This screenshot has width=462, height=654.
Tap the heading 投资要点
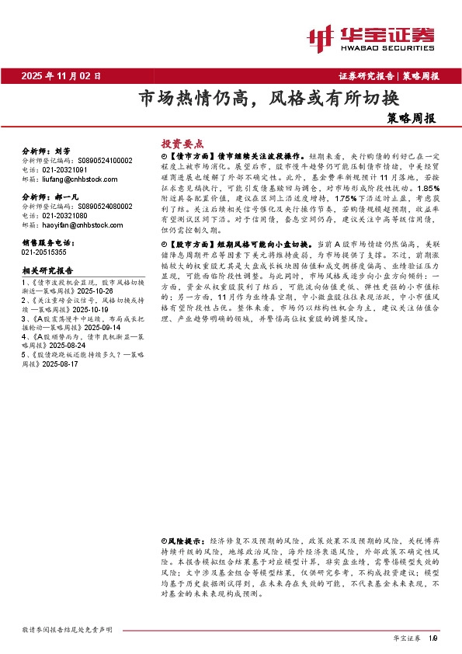(x=181, y=144)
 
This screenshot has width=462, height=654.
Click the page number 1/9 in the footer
(x=433, y=638)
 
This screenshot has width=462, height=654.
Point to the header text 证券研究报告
(x=366, y=76)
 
